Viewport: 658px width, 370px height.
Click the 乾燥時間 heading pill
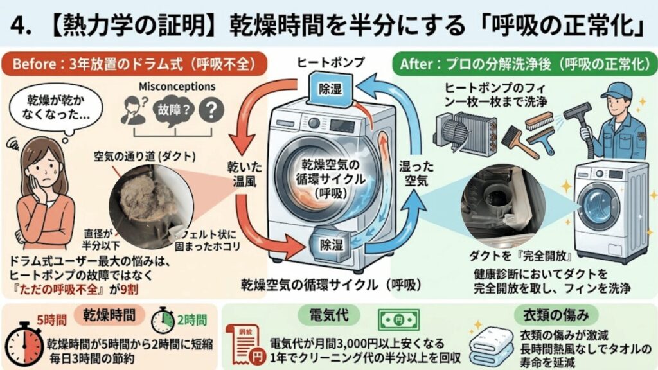109,315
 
